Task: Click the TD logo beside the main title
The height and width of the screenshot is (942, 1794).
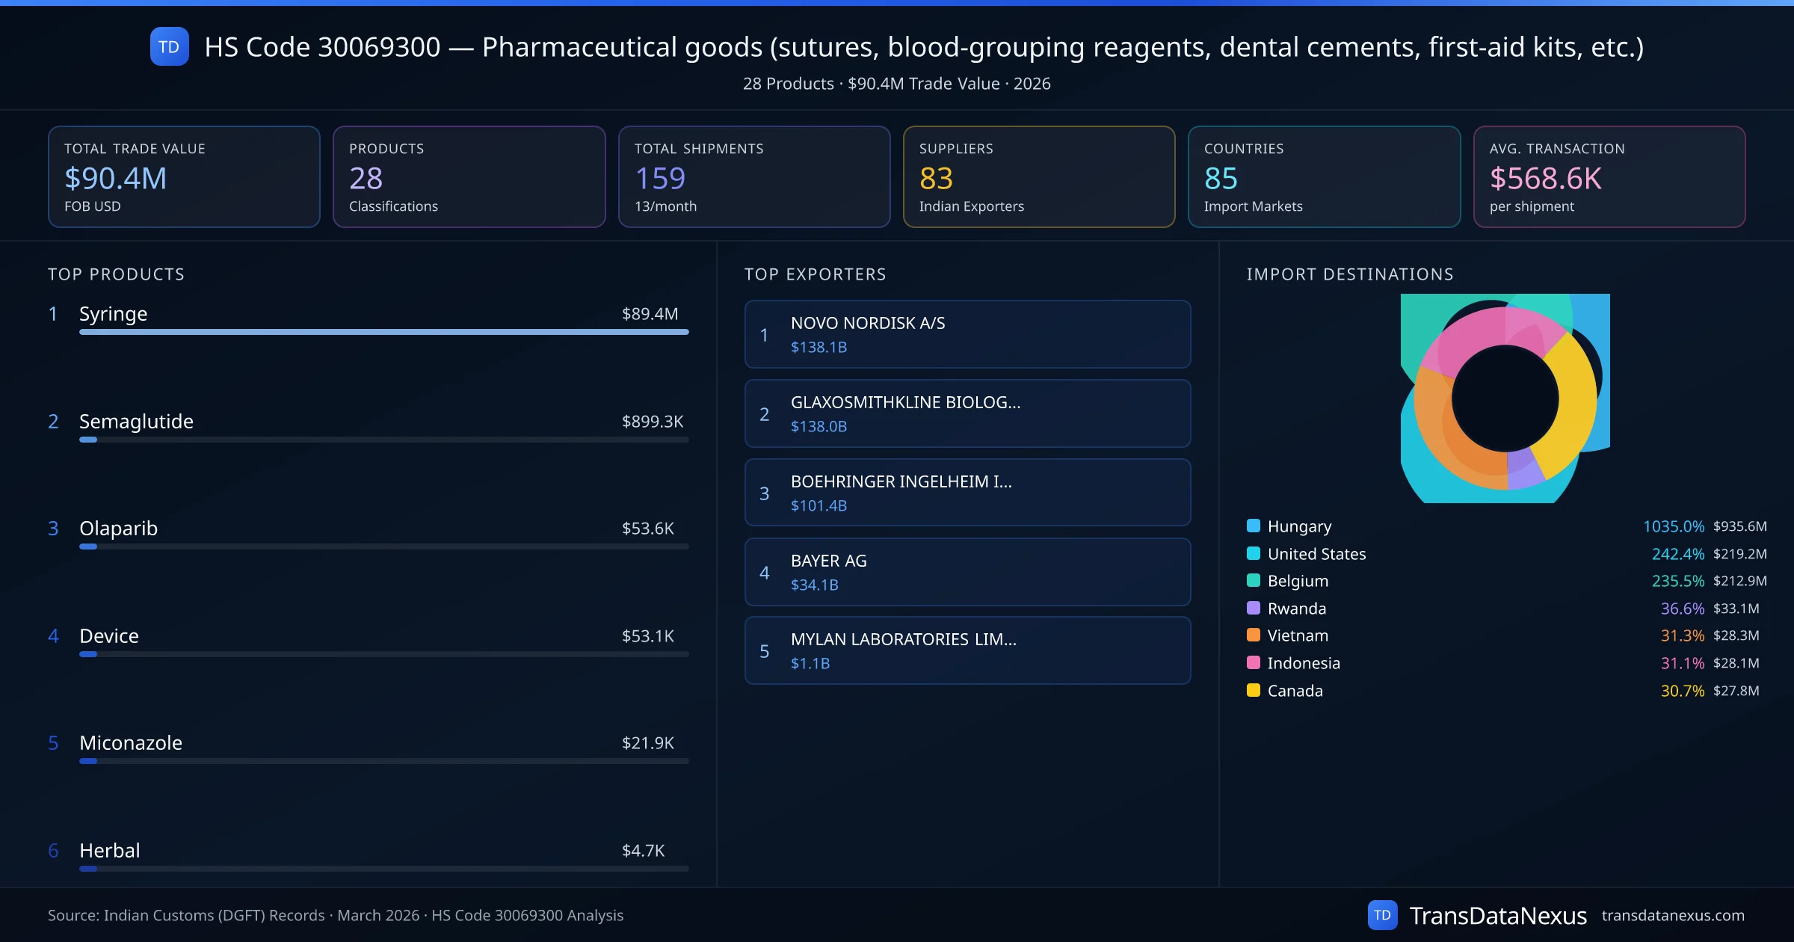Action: pos(169,47)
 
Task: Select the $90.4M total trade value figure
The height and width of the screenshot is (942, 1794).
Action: pos(116,178)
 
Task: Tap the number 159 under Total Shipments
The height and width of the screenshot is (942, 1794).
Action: pos(660,178)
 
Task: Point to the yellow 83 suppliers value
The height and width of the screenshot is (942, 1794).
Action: pos(936,178)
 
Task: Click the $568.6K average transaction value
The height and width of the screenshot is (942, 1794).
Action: pos(1545,178)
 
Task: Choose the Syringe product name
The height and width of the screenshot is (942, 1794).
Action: pos(114,314)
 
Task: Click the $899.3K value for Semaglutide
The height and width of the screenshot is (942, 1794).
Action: pos(652,422)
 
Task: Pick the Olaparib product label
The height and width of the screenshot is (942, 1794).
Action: pos(119,529)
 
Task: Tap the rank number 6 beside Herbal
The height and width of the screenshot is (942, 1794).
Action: pos(53,851)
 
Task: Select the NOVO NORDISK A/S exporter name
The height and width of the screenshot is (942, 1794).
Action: pos(868,323)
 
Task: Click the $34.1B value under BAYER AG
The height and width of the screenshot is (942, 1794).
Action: pos(814,585)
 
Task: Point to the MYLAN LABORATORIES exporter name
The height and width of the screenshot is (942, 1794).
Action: pos(903,639)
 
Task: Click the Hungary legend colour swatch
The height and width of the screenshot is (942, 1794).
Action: pos(1254,526)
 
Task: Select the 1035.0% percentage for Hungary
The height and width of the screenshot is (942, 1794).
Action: pos(1673,526)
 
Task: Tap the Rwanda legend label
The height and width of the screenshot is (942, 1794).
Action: pos(1296,609)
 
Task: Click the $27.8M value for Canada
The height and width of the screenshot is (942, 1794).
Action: pos(1736,691)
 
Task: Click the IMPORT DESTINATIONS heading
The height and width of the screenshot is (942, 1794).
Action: pos(1350,274)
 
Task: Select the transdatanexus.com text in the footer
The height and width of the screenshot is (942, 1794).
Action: pos(1672,916)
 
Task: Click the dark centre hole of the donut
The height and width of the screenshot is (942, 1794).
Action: pos(1505,398)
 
